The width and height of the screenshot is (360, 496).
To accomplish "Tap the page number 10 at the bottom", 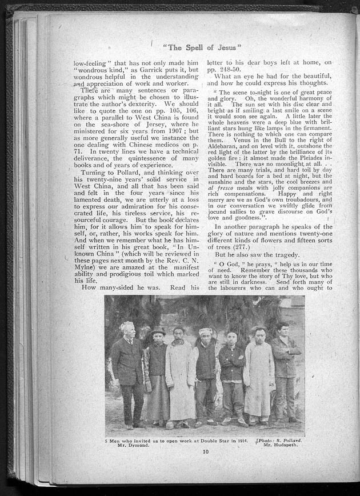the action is (x=205, y=452).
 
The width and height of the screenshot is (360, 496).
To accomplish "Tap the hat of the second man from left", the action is (x=158, y=330).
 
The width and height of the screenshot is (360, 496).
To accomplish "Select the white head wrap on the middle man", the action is (x=206, y=331).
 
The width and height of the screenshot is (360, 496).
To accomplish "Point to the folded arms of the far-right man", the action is (x=285, y=350).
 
